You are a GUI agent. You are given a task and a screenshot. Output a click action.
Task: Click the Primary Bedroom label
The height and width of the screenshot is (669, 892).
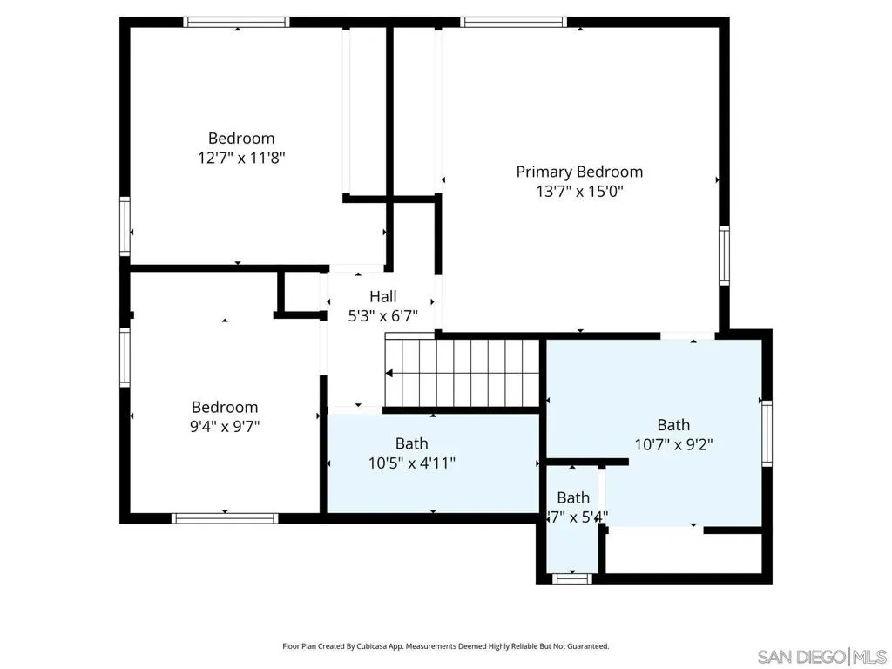(x=579, y=172)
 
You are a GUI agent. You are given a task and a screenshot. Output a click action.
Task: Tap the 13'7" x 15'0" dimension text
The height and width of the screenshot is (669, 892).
(x=579, y=192)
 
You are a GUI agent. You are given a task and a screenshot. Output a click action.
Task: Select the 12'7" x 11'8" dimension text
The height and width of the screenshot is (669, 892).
(x=241, y=158)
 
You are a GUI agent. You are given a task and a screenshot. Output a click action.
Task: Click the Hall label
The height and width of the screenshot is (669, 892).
(x=382, y=297)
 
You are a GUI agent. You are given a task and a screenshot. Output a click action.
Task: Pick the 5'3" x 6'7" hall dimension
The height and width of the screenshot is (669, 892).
(x=382, y=316)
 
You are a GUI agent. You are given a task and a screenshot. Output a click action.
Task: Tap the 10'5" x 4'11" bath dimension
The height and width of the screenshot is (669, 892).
(x=412, y=463)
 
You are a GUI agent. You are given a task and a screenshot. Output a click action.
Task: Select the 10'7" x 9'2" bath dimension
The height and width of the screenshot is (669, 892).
(x=673, y=443)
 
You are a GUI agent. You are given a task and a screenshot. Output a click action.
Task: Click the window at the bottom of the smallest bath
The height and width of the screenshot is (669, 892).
(x=572, y=578)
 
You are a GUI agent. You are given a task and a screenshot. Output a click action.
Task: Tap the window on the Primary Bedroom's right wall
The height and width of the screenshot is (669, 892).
(x=724, y=255)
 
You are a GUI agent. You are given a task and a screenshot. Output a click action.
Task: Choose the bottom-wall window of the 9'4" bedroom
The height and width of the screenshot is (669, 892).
(x=225, y=518)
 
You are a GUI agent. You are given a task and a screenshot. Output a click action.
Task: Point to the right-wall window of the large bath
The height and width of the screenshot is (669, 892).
(x=767, y=433)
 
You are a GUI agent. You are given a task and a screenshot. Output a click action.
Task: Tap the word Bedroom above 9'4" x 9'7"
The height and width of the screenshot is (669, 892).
(x=225, y=407)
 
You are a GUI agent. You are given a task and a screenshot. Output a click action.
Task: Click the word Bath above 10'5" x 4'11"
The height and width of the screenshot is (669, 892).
(x=412, y=443)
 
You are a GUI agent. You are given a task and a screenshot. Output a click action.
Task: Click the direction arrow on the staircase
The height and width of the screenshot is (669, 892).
(x=389, y=373)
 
